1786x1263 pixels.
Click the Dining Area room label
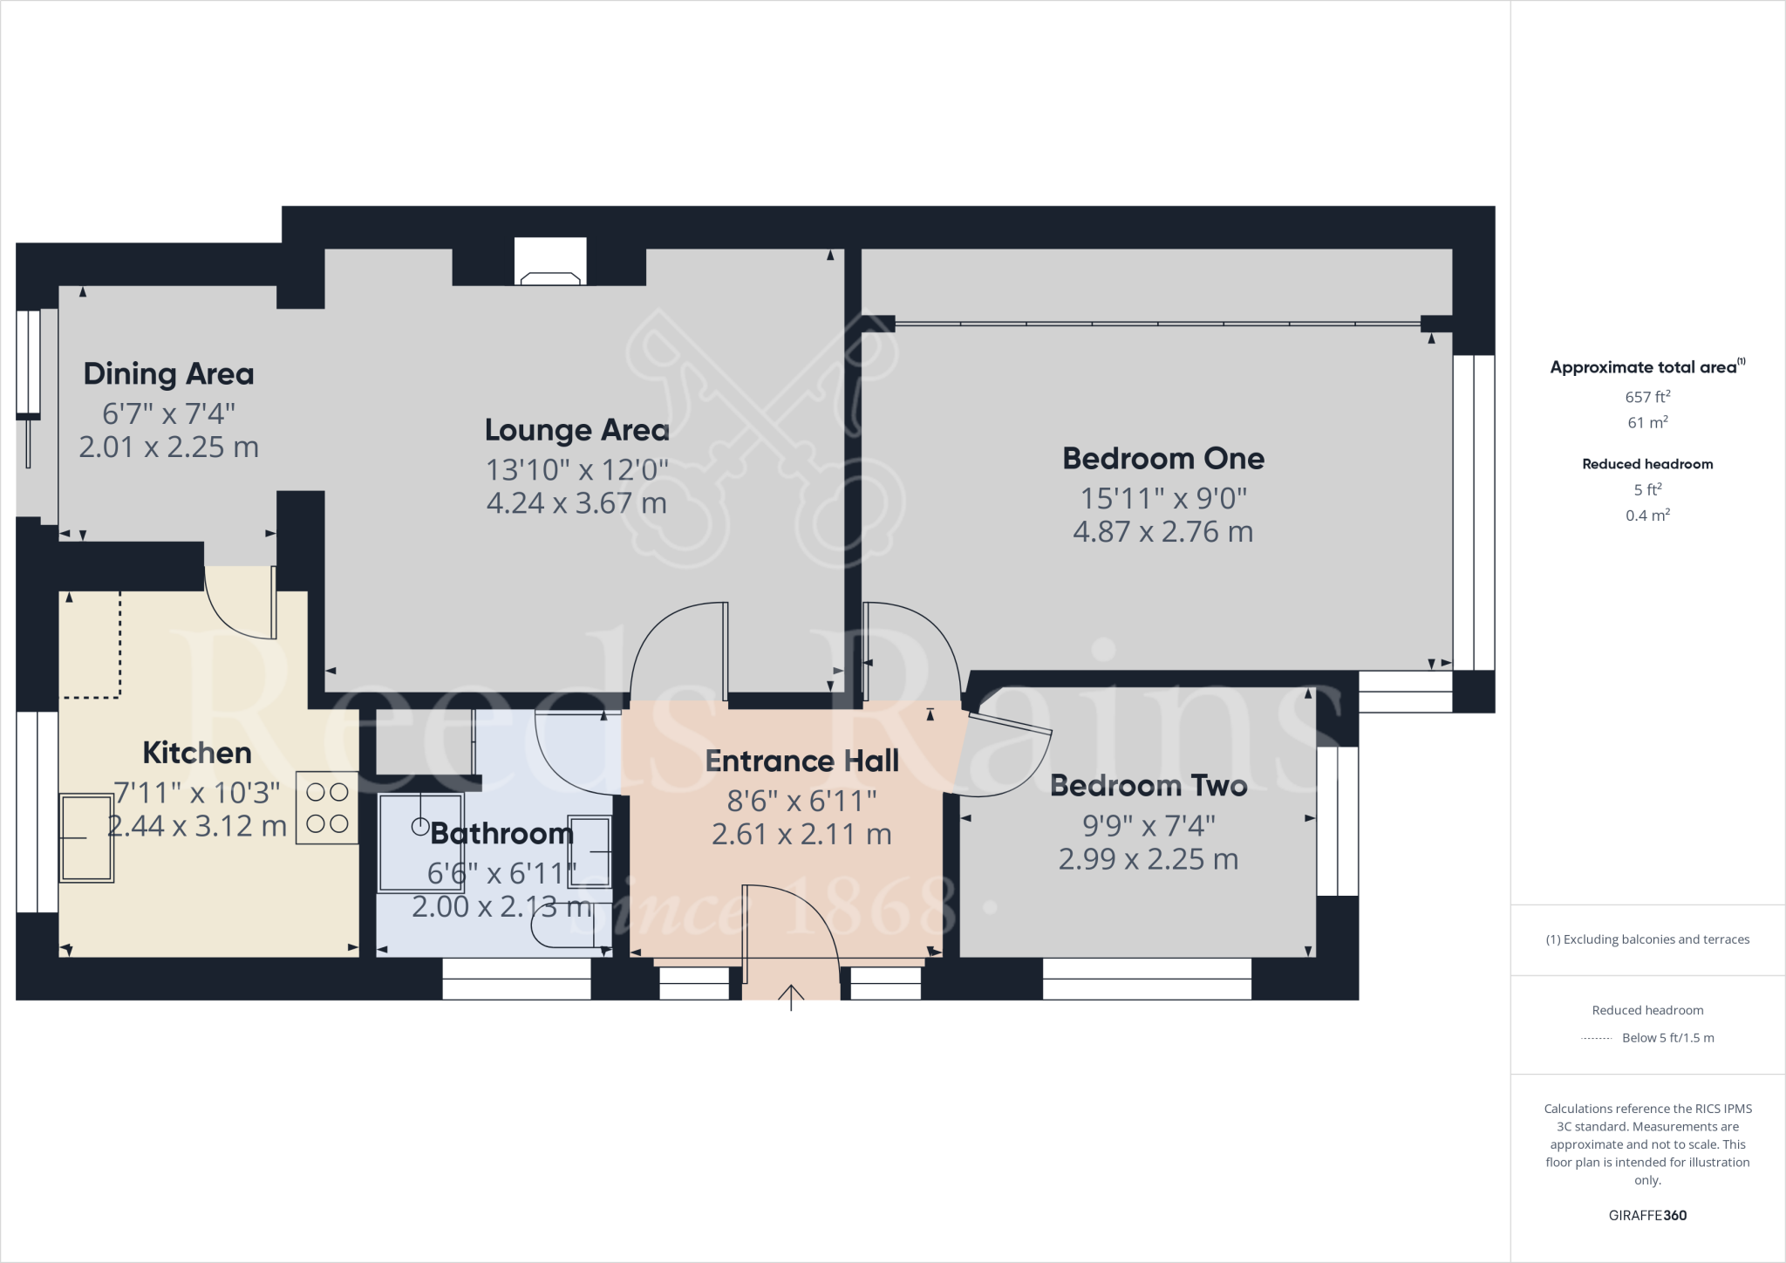tap(168, 374)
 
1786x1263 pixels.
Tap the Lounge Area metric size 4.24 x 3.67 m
tap(576, 503)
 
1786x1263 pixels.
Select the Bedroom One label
tap(1162, 459)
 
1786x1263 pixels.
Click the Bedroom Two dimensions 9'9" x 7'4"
tap(1149, 825)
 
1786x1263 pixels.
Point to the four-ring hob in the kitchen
tap(327, 808)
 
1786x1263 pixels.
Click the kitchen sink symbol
tap(86, 837)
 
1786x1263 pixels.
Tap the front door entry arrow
tap(791, 996)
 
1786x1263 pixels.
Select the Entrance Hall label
tap(801, 761)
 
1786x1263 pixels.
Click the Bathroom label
tap(501, 834)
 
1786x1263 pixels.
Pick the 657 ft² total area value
tap(1647, 397)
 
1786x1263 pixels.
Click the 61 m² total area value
tap(1647, 423)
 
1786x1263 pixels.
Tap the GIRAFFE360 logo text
tap(1647, 1215)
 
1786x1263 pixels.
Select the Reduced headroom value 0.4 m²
tap(1647, 515)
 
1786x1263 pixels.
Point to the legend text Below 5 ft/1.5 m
tap(1667, 1038)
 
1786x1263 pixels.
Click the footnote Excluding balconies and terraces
tap(1647, 939)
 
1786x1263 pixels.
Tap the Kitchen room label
tap(197, 753)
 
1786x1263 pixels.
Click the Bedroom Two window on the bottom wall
tap(1147, 979)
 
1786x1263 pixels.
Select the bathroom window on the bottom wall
tap(516, 979)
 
